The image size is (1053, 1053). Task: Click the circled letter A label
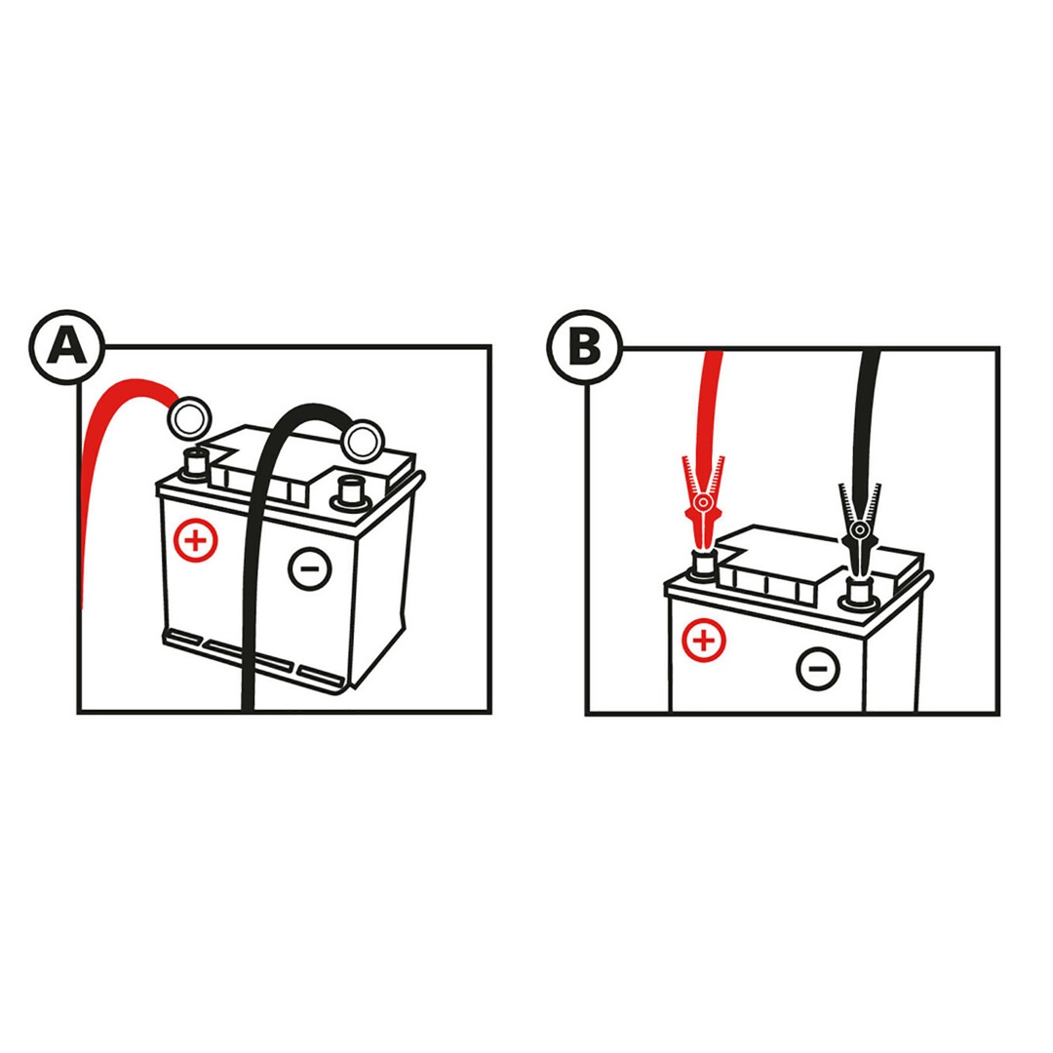pyautogui.click(x=67, y=347)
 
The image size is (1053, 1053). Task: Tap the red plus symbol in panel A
pyautogui.click(x=196, y=539)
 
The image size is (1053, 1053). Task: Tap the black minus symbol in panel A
pyautogui.click(x=310, y=566)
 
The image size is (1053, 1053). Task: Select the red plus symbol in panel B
pyautogui.click(x=705, y=641)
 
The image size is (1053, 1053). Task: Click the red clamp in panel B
pyautogui.click(x=703, y=507)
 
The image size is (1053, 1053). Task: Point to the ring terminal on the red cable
pyautogui.click(x=187, y=418)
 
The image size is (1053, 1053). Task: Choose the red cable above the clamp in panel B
pyautogui.click(x=711, y=400)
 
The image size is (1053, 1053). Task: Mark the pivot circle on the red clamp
pyautogui.click(x=702, y=503)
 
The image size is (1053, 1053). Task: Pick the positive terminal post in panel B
pyautogui.click(x=702, y=565)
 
